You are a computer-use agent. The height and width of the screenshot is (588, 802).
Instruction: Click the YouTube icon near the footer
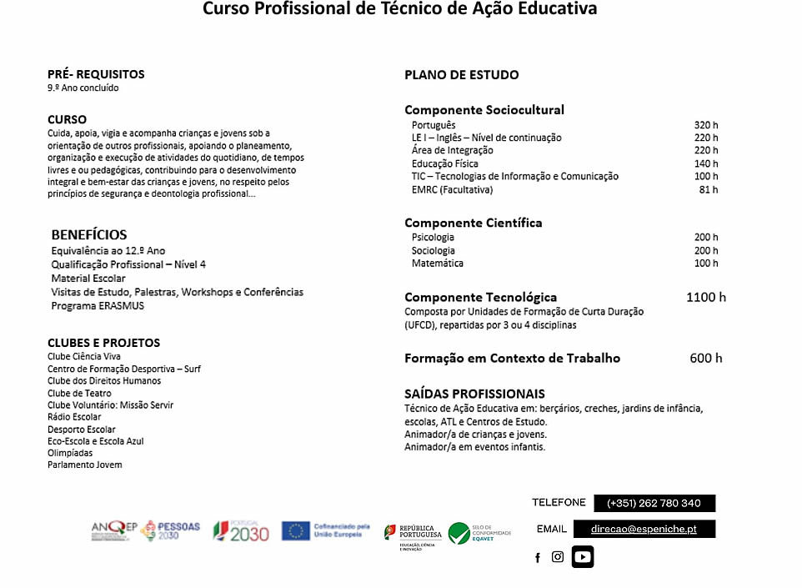pyautogui.click(x=583, y=556)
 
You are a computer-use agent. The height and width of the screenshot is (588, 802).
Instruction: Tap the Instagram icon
pyautogui.click(x=558, y=557)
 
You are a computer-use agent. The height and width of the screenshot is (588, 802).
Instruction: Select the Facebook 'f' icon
pyautogui.click(x=538, y=558)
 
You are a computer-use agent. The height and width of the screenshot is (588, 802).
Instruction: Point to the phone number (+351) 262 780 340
pyautogui.click(x=654, y=503)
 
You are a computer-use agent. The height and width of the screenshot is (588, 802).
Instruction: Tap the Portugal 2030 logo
pyautogui.click(x=241, y=530)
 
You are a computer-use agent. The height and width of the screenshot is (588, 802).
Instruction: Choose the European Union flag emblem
pyautogui.click(x=295, y=530)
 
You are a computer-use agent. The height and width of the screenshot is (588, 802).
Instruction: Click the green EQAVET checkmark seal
pyautogui.click(x=459, y=533)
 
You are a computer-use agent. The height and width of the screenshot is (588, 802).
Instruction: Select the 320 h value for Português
pyautogui.click(x=705, y=125)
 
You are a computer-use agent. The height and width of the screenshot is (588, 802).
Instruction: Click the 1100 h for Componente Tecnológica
pyautogui.click(x=705, y=297)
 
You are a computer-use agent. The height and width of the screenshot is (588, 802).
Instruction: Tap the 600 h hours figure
pyautogui.click(x=705, y=359)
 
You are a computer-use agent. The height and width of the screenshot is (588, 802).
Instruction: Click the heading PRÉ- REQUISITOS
pyautogui.click(x=96, y=74)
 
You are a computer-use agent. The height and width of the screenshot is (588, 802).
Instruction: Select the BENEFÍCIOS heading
pyautogui.click(x=89, y=234)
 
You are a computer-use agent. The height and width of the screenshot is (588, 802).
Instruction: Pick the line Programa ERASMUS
pyautogui.click(x=98, y=305)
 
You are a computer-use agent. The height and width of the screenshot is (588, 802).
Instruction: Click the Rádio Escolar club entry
pyautogui.click(x=74, y=417)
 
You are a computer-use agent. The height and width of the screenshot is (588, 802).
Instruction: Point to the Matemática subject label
pyautogui.click(x=437, y=264)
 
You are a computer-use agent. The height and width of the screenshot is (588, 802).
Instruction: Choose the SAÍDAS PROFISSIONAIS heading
pyautogui.click(x=474, y=394)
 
